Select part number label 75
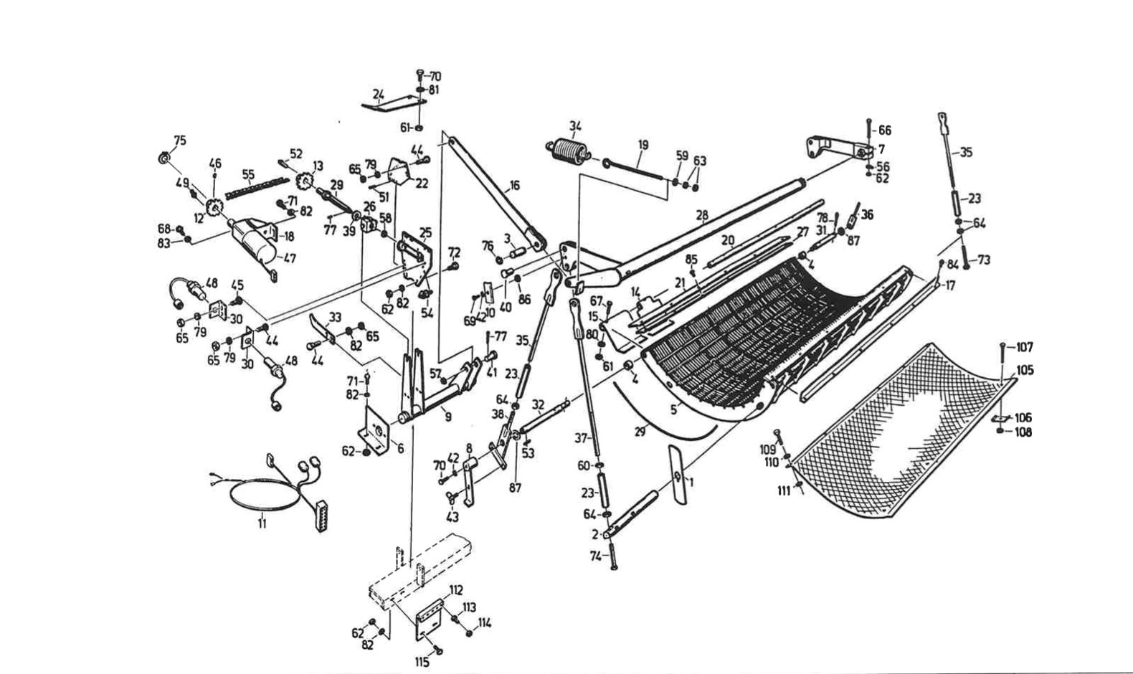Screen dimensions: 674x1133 click(179, 141)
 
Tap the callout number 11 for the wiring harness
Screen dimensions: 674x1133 click(262, 524)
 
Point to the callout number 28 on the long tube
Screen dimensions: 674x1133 click(702, 214)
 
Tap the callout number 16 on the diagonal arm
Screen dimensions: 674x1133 click(514, 186)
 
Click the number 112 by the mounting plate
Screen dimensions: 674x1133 click(456, 590)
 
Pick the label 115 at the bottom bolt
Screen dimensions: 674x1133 click(422, 662)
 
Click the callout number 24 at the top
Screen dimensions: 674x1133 click(379, 93)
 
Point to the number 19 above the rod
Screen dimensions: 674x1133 click(643, 145)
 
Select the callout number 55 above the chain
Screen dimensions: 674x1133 click(248, 174)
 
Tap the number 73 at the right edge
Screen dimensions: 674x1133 click(983, 260)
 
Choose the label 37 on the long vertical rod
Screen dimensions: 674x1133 click(582, 437)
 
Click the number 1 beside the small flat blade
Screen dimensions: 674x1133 click(691, 481)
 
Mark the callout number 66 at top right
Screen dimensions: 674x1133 click(885, 130)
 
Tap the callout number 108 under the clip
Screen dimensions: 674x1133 click(1023, 432)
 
